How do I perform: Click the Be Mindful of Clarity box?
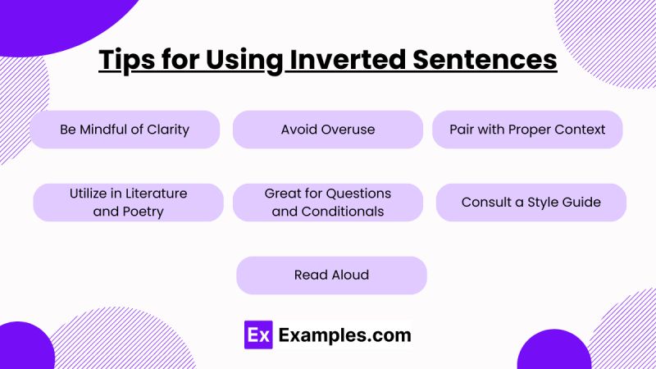(125, 130)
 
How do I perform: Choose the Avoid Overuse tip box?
(328, 130)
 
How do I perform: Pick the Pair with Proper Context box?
(527, 130)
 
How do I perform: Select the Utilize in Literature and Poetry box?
(128, 203)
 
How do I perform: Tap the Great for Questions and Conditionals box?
(328, 203)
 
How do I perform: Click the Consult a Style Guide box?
(531, 203)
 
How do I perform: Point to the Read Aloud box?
(331, 276)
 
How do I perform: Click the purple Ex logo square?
(258, 335)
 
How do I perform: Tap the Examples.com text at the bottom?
(344, 335)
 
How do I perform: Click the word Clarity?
(168, 130)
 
